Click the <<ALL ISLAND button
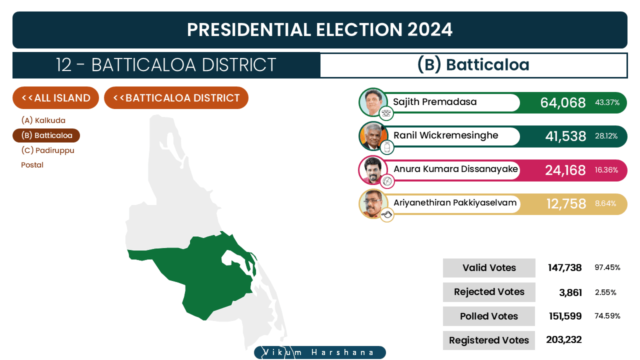click(55, 97)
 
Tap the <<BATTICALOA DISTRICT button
click(176, 97)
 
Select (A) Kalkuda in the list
click(43, 120)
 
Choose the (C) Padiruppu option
click(47, 150)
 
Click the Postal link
click(32, 165)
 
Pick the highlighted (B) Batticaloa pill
click(46, 135)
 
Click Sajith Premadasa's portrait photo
click(373, 102)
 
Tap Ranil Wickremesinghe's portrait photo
click(373, 136)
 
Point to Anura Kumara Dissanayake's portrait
click(373, 170)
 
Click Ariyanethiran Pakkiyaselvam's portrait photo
click(373, 203)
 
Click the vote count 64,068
click(563, 102)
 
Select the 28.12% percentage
click(606, 136)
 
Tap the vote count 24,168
click(565, 170)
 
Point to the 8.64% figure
click(605, 203)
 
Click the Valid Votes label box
click(489, 268)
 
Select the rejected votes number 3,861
click(570, 292)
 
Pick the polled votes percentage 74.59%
click(607, 316)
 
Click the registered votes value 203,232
click(563, 339)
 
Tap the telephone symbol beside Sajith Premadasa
click(386, 113)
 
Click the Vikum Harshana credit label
click(319, 352)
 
